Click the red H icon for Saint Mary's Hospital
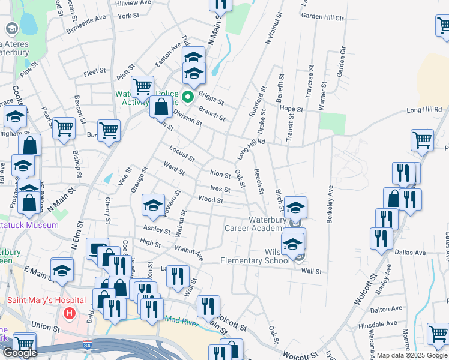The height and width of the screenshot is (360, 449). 70,313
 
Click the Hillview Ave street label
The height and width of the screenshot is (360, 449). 133,3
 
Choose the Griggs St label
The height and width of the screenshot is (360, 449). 211,98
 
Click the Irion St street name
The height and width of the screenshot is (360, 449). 220,175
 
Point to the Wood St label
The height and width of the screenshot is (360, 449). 211,200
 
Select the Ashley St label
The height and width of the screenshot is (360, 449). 157,229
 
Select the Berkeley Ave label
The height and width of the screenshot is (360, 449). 330,205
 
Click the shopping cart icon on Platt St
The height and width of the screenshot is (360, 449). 142,86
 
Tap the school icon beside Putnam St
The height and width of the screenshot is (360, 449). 153,205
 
